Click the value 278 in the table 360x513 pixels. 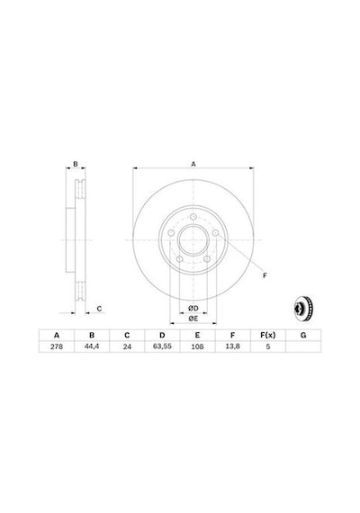pyautogui.click(x=57, y=346)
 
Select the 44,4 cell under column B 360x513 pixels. pyautogui.click(x=92, y=346)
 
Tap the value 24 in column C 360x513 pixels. pyautogui.click(x=127, y=346)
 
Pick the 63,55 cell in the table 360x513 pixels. pyautogui.click(x=162, y=346)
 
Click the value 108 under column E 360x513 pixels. pyautogui.click(x=197, y=346)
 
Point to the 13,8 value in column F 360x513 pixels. pyautogui.click(x=233, y=346)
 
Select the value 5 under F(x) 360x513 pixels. pyautogui.click(x=268, y=346)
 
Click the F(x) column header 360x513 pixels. pyautogui.click(x=268, y=335)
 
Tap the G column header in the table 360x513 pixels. pyautogui.click(x=303, y=335)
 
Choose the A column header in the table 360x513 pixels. pyautogui.click(x=57, y=336)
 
